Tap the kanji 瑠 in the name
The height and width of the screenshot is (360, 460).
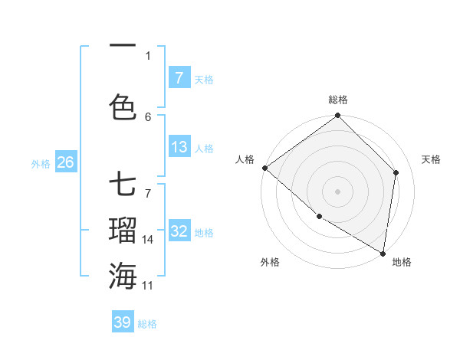[x=123, y=230]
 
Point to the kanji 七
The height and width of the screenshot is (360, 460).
[x=123, y=186]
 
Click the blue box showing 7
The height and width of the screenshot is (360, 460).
[x=179, y=78]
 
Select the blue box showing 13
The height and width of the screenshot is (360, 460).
[x=179, y=147]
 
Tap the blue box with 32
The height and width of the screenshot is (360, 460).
[x=179, y=231]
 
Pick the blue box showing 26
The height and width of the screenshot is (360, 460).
[x=65, y=162]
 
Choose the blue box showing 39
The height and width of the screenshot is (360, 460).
[x=122, y=322]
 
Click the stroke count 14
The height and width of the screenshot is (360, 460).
[x=148, y=240]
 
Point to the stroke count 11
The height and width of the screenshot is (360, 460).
[x=148, y=286]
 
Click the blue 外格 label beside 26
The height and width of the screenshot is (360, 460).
[x=41, y=163]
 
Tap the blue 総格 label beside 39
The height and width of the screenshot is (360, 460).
[x=147, y=324]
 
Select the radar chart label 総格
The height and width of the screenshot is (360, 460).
[x=338, y=100]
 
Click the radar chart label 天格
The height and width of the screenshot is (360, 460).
[x=431, y=159]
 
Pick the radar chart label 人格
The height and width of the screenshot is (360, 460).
[x=245, y=159]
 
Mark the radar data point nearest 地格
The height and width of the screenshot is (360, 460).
[x=383, y=253]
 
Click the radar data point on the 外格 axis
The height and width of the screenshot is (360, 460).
[x=319, y=217]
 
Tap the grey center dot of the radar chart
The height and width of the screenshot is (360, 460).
[x=338, y=191]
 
